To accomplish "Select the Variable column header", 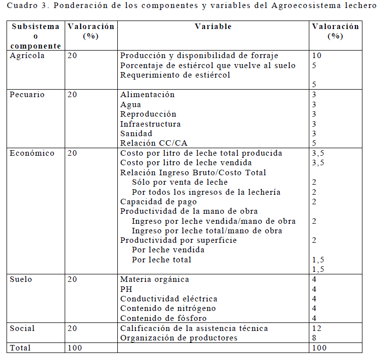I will (213, 27).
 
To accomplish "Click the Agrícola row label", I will (27, 56).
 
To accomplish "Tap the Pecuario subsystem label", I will (27, 95).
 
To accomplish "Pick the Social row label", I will (23, 328).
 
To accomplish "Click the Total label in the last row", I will (21, 347).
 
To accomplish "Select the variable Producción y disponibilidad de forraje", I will (199, 56).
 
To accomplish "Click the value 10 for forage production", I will (316, 56).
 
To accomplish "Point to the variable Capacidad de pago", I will (156, 202).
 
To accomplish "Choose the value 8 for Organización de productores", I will (314, 338).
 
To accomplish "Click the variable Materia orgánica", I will (154, 279).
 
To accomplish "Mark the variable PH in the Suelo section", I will (126, 289).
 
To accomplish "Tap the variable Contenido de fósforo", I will (163, 318).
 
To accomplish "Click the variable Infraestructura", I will (150, 124).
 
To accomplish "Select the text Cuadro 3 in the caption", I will (26, 7).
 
